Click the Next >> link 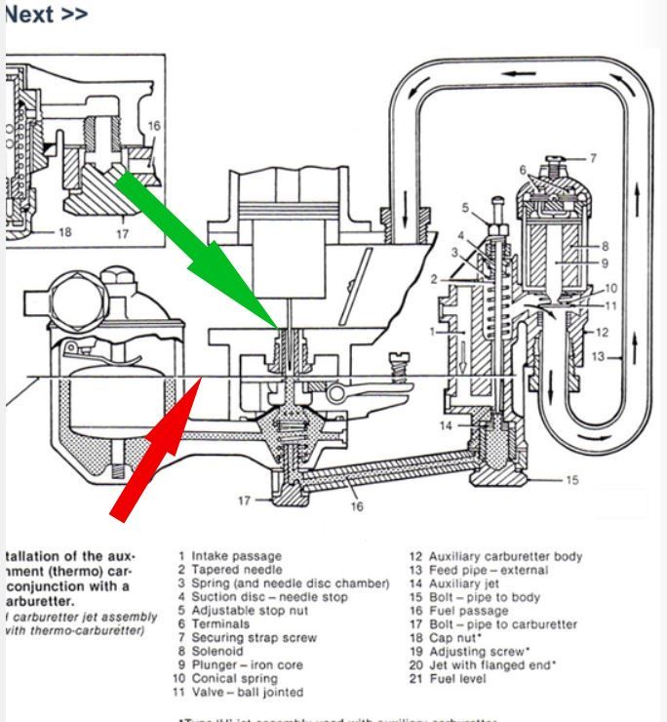(x=46, y=15)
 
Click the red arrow (x=156, y=449)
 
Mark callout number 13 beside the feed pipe (x=599, y=357)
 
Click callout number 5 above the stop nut (x=466, y=208)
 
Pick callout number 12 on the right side (x=603, y=332)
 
